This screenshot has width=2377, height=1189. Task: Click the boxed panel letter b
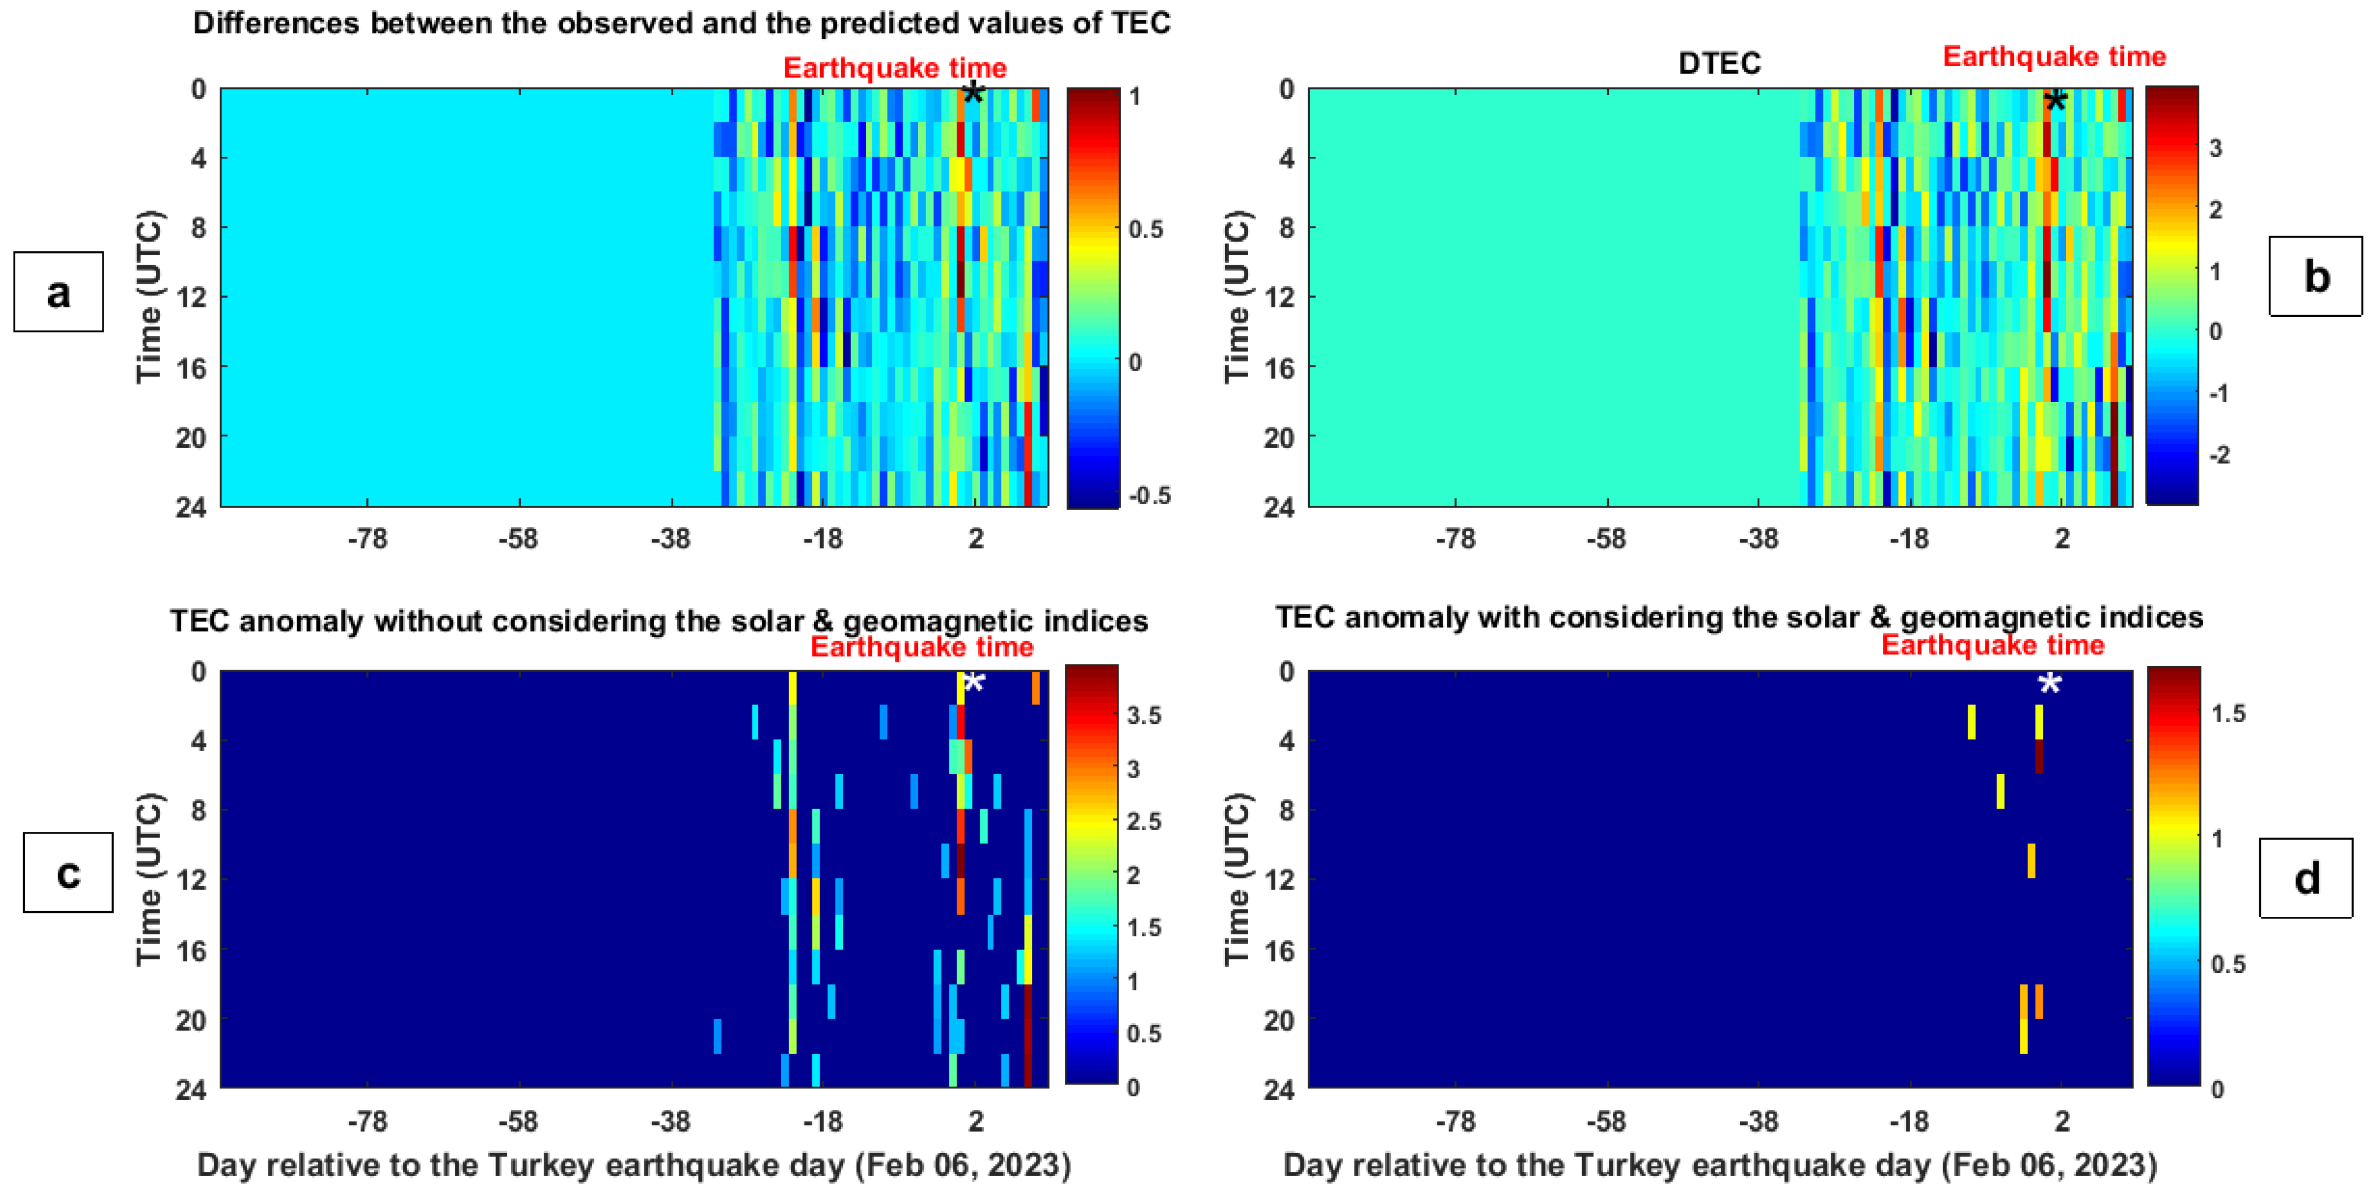(2316, 276)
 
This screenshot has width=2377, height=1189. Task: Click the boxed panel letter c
(68, 873)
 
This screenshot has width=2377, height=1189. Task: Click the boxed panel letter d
(2306, 878)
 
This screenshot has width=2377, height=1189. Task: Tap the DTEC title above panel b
(1719, 63)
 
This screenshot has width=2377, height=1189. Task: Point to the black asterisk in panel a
(973, 93)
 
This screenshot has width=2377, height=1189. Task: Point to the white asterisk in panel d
(2049, 684)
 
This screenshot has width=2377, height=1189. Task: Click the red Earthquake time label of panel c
(921, 647)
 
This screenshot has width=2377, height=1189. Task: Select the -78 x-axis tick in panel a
(367, 539)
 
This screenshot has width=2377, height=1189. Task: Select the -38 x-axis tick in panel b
(1758, 539)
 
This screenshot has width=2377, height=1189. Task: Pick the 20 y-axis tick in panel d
(1279, 1020)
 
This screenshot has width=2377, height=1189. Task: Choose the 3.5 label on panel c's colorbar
(1144, 715)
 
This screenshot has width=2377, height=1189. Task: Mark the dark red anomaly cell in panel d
(2038, 757)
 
